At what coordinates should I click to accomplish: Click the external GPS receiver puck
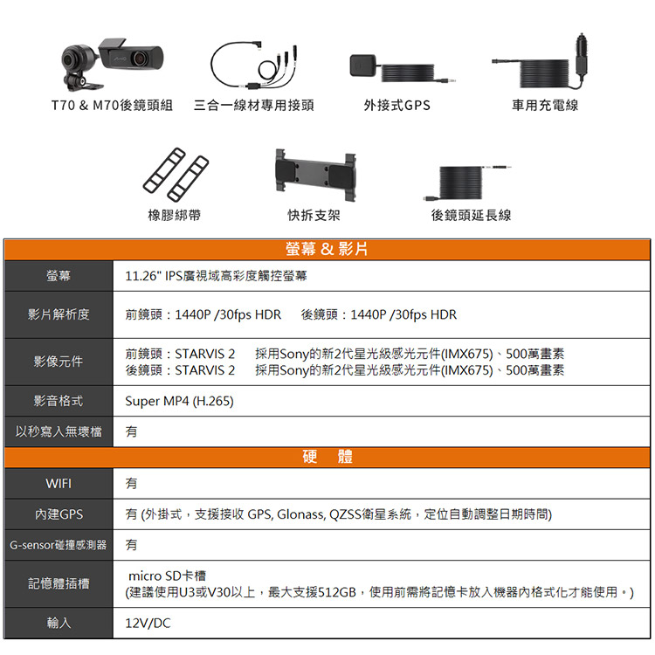[362, 66]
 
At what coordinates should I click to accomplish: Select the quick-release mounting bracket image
[315, 176]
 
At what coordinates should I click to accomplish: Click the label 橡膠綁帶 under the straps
[174, 215]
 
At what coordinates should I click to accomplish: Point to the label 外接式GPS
[396, 106]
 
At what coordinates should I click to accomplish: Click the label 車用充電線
[545, 106]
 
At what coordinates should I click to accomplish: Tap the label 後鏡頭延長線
[472, 215]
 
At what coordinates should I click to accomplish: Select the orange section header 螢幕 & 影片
[327, 250]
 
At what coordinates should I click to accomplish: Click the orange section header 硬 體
[327, 457]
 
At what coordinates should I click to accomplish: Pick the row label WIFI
[59, 484]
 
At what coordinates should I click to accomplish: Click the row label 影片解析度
[59, 314]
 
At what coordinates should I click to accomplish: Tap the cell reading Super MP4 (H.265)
[179, 401]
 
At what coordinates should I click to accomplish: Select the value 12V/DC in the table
[148, 624]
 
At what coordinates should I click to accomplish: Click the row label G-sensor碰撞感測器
[58, 545]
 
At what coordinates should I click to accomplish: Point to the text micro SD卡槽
[167, 576]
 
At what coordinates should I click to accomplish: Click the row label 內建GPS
[59, 514]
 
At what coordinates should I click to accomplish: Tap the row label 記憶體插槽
[59, 583]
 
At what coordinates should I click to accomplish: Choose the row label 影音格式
[59, 401]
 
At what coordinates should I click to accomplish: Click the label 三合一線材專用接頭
[254, 106]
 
